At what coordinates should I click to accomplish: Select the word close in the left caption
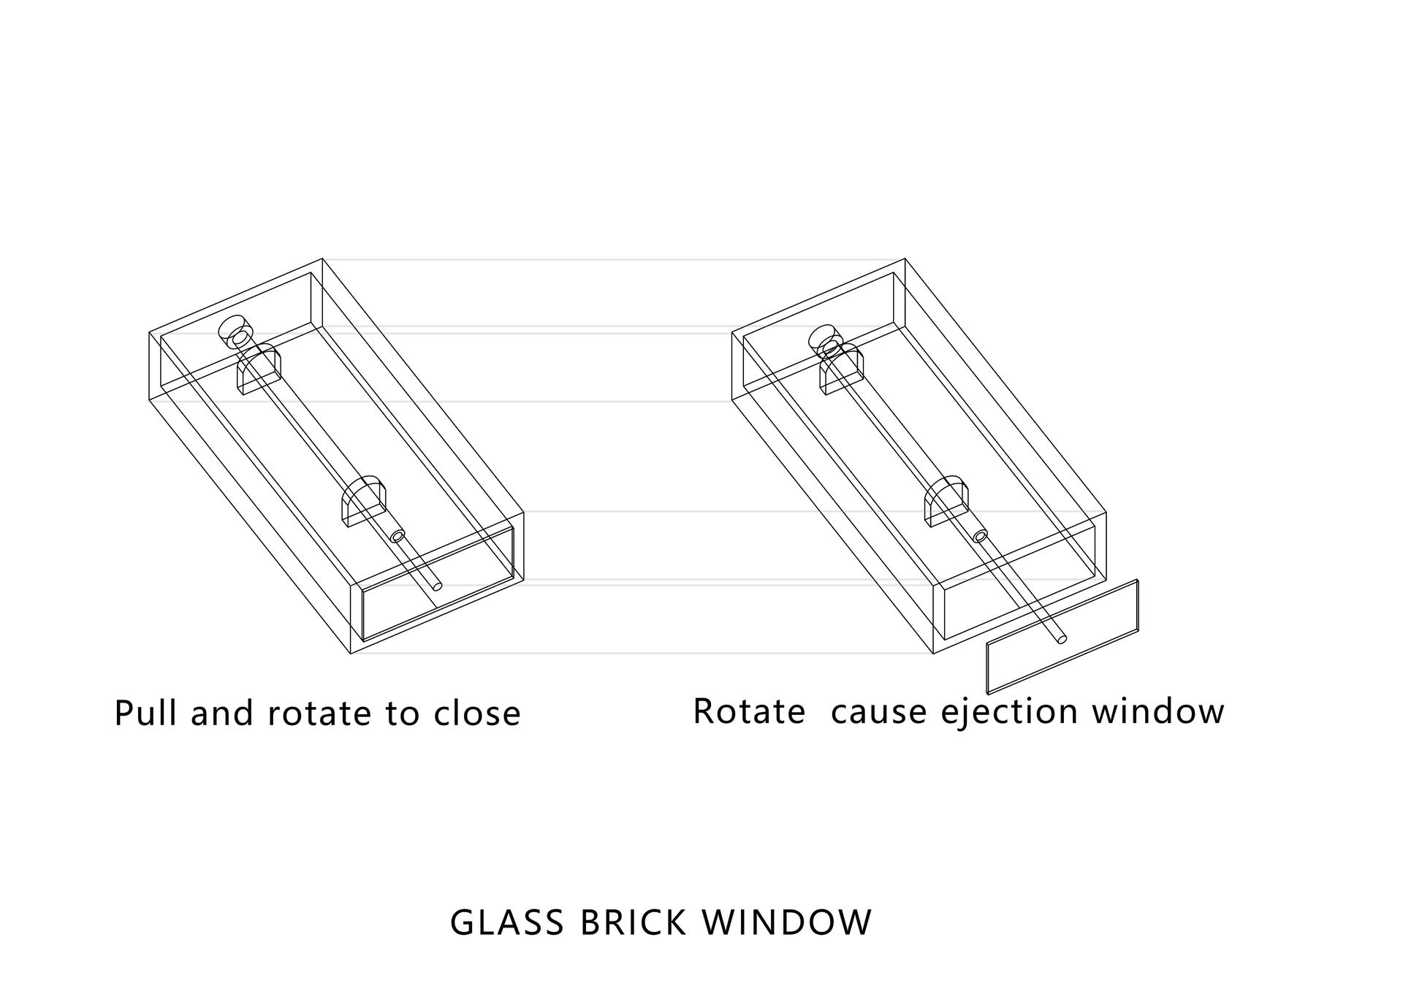[x=477, y=713]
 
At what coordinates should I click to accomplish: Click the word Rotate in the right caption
[x=749, y=711]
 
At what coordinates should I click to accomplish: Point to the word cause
[x=879, y=713]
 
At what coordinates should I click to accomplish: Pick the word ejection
[x=1009, y=713]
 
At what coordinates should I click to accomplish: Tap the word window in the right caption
[x=1158, y=711]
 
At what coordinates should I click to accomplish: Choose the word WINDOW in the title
[x=787, y=922]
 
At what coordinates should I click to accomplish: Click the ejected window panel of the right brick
[x=1062, y=637]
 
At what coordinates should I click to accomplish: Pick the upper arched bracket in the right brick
[x=842, y=370]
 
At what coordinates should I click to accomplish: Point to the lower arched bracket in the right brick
[x=946, y=500]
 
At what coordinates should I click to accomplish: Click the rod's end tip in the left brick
[x=438, y=585]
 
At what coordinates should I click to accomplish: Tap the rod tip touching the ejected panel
[x=1061, y=639]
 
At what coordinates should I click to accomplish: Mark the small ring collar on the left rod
[x=398, y=535]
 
